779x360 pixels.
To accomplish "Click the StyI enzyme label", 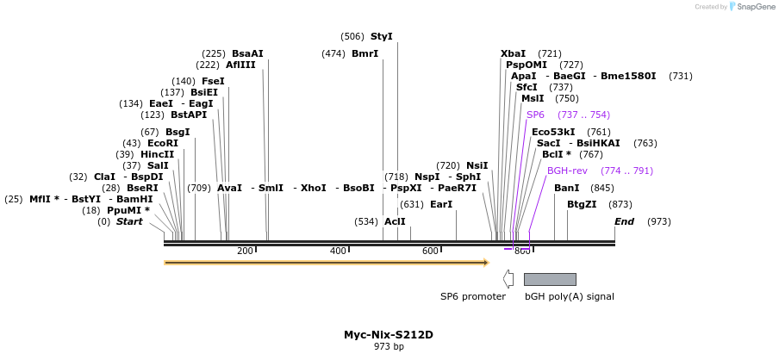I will (x=381, y=37).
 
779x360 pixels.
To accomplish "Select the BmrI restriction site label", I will (x=365, y=53).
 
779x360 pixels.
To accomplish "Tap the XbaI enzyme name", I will (x=513, y=53).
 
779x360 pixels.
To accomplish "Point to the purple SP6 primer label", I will (x=535, y=115).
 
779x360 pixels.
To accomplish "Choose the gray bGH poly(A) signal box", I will (x=550, y=279).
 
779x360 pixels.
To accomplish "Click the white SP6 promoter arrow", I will (x=508, y=279).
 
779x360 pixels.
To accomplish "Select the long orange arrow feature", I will (x=327, y=262).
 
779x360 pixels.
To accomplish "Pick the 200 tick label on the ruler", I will (x=245, y=251).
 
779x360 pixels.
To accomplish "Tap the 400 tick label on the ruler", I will (x=338, y=251).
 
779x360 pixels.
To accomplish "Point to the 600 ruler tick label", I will (x=430, y=251).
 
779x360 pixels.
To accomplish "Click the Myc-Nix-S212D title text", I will (x=389, y=334).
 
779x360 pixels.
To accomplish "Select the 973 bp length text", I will (x=389, y=347).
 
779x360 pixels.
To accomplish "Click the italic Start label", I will (x=129, y=221).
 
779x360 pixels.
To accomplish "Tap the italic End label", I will (x=624, y=221).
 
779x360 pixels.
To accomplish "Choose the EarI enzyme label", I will (x=441, y=204).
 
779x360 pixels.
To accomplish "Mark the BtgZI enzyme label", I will (x=582, y=204).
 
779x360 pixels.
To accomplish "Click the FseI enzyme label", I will (x=213, y=81).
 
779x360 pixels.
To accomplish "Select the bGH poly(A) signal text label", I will (x=569, y=296).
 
